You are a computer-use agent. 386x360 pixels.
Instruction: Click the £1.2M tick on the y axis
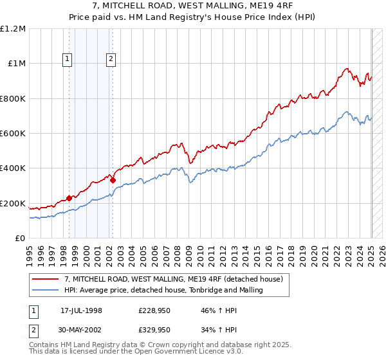tap(13, 29)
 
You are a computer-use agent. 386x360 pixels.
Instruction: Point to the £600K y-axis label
tap(13, 134)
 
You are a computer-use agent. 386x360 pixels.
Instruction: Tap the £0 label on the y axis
tap(19, 239)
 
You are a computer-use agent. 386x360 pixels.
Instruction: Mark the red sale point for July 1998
tap(69, 198)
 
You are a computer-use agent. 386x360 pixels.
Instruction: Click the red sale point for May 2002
tap(113, 181)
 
